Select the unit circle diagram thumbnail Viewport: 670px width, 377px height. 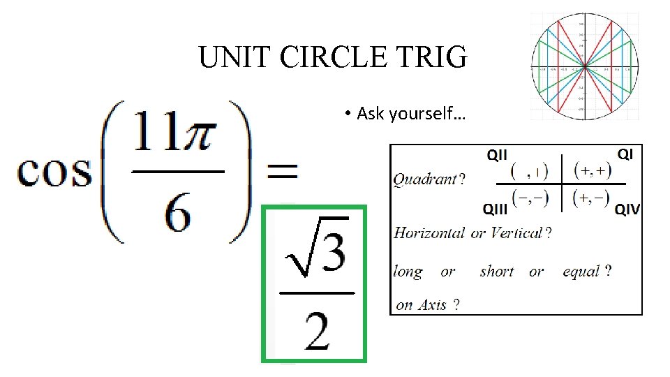pos(584,67)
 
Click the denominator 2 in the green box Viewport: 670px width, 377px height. pos(318,330)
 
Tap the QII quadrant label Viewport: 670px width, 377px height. pos(497,155)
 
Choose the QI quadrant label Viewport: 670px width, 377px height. pos(625,154)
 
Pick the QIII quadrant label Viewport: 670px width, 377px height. pos(497,208)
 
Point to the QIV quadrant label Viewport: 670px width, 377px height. pos(627,208)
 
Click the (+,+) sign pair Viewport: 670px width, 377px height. pos(592,170)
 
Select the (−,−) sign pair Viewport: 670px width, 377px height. pos(530,199)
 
